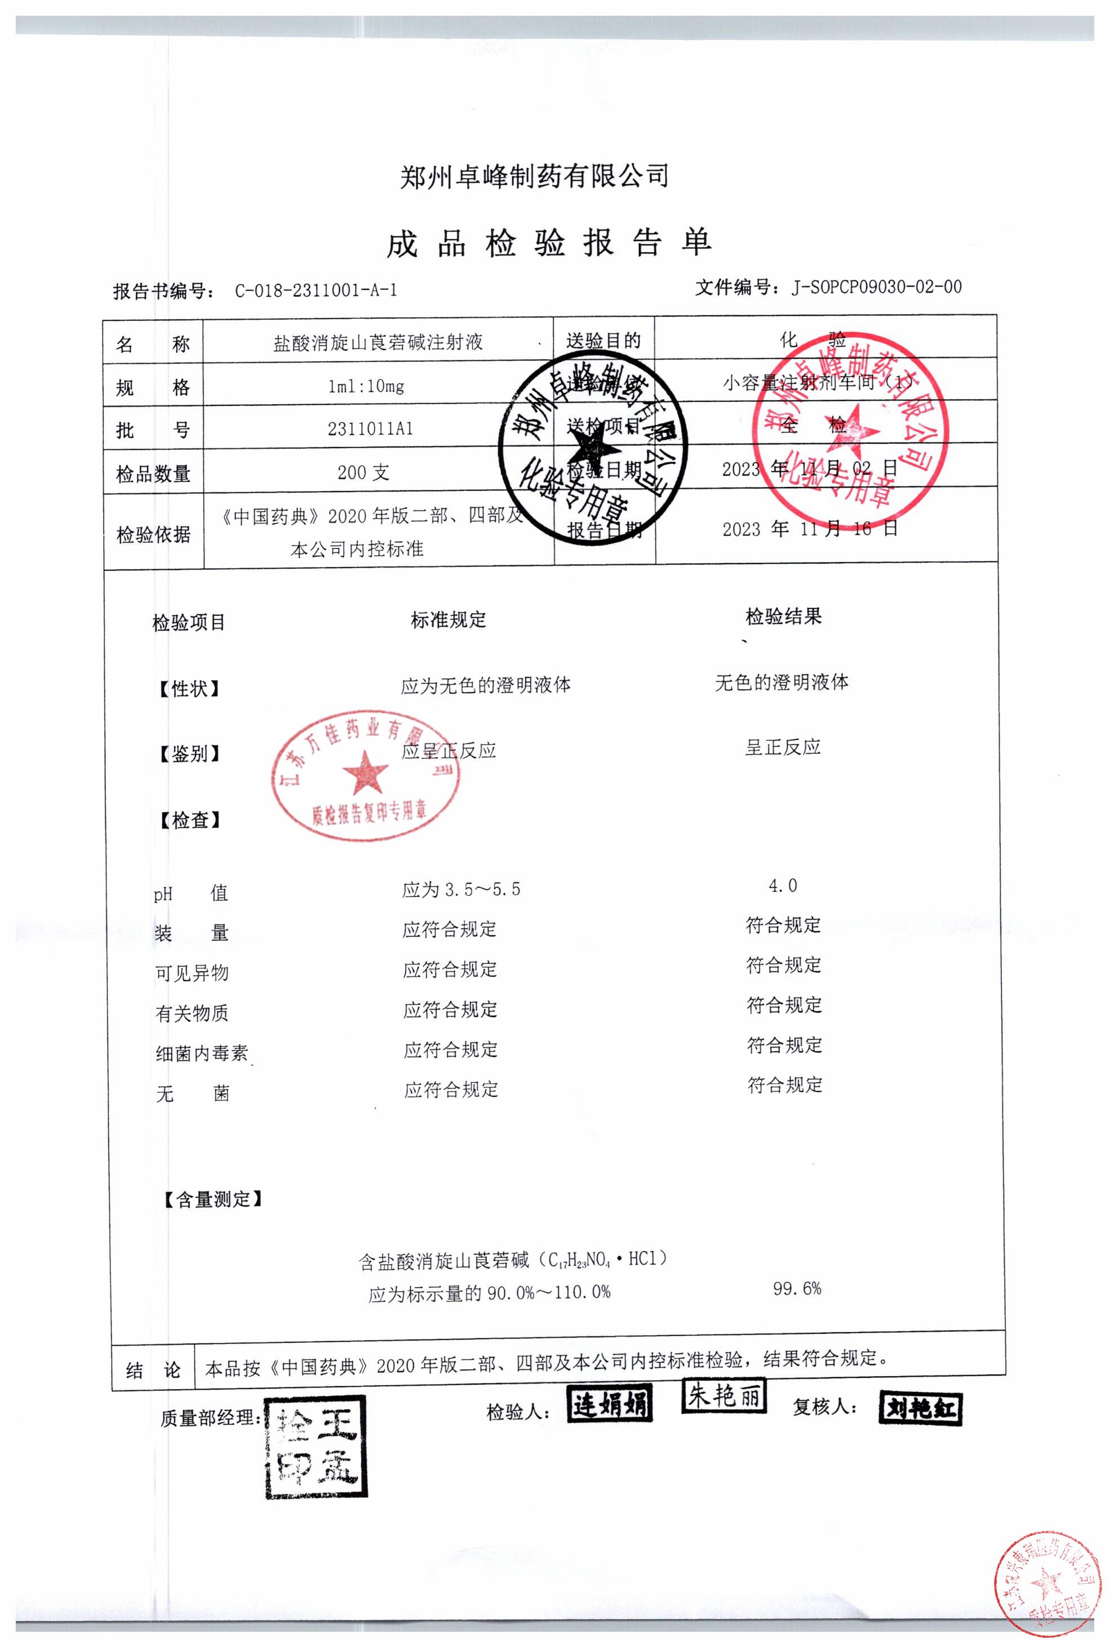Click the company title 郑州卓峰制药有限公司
[535, 176]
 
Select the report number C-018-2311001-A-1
[316, 291]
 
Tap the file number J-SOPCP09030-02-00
[876, 287]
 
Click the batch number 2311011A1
[370, 429]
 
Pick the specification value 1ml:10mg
[366, 386]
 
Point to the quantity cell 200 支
[363, 472]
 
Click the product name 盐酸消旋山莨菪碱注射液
[378, 343]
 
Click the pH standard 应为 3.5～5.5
[461, 889]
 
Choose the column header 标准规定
[448, 620]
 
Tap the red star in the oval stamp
[365, 773]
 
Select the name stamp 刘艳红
[920, 1409]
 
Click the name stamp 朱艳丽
[723, 1396]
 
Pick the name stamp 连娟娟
[610, 1404]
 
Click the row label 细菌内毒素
[202, 1054]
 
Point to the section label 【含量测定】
[212, 1199]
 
